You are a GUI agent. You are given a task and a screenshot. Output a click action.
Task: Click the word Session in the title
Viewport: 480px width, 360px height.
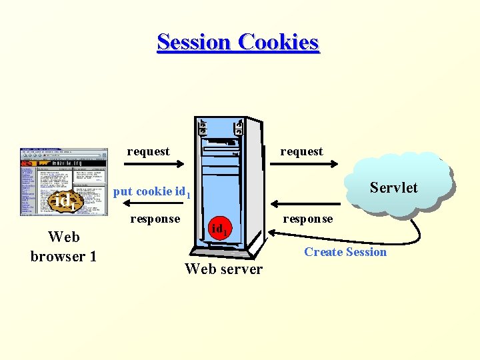click(194, 42)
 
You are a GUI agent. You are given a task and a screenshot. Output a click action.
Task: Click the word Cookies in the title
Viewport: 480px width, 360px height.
click(278, 42)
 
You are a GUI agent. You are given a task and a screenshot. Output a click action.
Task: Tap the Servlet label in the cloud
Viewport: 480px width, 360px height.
click(393, 187)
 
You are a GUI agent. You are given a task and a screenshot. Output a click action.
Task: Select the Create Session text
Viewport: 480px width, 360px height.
click(345, 252)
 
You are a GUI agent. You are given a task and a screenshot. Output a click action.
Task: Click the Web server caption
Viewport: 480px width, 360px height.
click(223, 269)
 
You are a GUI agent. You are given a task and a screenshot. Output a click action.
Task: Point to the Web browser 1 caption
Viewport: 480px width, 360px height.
click(63, 246)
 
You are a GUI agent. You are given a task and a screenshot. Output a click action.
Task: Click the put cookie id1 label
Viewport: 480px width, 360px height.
click(152, 192)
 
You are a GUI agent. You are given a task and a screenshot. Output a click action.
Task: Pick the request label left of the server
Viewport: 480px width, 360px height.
click(148, 151)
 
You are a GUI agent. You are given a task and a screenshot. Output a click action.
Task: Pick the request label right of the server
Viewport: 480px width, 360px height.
click(301, 151)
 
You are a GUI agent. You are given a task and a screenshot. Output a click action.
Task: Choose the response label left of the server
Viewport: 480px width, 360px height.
click(155, 219)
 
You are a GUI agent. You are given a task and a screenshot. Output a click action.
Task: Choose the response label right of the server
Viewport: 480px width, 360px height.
click(308, 219)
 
